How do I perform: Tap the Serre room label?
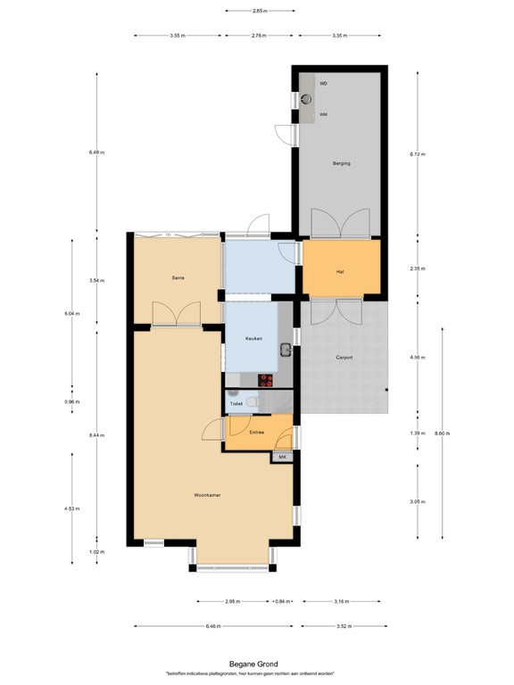click(178, 278)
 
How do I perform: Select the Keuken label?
click(253, 339)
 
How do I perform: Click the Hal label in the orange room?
click(340, 271)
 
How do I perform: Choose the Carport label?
click(344, 358)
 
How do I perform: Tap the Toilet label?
click(236, 404)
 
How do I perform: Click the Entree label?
click(256, 433)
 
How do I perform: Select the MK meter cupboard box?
click(283, 458)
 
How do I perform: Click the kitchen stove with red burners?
click(265, 379)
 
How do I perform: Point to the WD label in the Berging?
click(324, 83)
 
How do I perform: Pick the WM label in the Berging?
click(324, 115)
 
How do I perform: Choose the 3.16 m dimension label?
click(343, 600)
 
